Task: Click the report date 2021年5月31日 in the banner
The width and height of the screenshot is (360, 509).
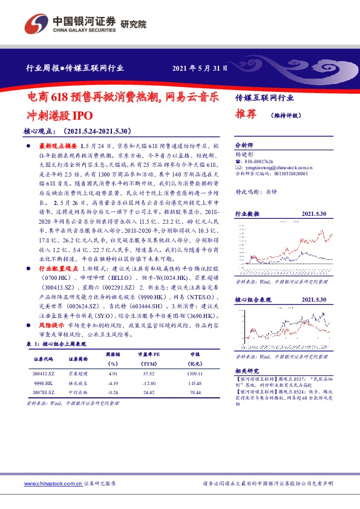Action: click(201, 68)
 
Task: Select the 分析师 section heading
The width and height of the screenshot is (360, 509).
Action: click(244, 146)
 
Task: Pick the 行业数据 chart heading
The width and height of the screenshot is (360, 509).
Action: click(247, 214)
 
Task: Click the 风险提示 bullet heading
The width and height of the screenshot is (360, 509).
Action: click(51, 325)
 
